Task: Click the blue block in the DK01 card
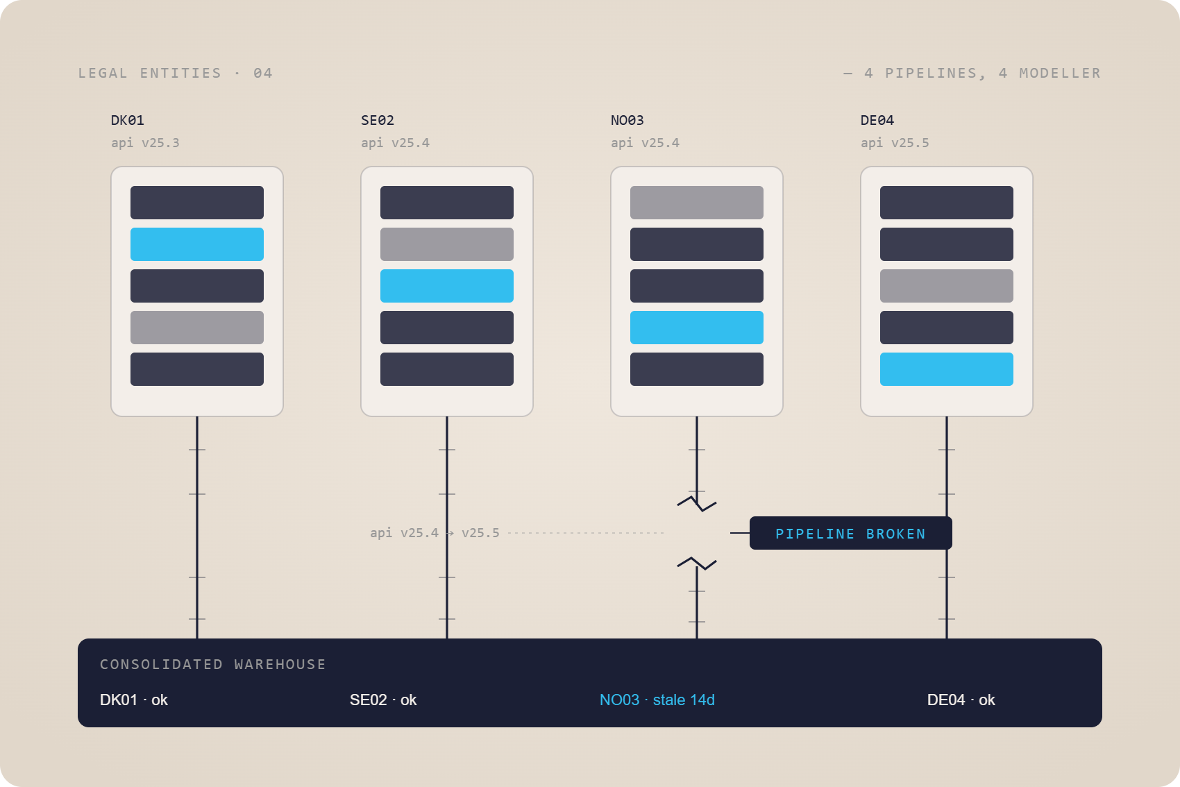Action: [197, 244]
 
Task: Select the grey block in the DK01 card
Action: [197, 327]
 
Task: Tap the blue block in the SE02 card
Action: [447, 285]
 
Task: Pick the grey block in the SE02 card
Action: [447, 244]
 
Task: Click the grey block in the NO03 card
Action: [696, 202]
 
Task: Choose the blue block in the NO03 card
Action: [696, 327]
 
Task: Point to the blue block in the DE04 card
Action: [946, 369]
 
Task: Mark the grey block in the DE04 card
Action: [946, 285]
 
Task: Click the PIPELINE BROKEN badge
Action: [850, 533]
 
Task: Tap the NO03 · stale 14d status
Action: [657, 700]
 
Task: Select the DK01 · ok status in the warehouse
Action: [134, 700]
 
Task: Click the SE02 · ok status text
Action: [383, 700]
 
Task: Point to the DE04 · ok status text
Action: [961, 700]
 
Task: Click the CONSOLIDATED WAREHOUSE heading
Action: [213, 664]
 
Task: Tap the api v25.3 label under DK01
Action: [145, 143]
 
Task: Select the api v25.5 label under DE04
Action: [895, 143]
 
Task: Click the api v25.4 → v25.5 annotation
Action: [435, 532]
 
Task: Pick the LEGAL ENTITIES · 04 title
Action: [176, 73]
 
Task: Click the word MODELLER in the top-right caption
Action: [1060, 73]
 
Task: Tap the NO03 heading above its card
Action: [627, 120]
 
